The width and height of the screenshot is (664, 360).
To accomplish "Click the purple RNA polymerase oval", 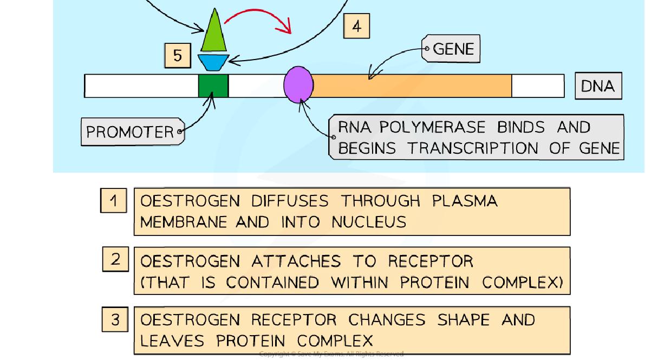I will click(298, 85).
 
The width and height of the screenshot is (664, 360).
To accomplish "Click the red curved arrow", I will click(260, 19).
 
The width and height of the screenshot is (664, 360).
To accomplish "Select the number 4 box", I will click(356, 26).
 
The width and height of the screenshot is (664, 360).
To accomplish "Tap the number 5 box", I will click(178, 55).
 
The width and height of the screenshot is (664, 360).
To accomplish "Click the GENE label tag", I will click(451, 49).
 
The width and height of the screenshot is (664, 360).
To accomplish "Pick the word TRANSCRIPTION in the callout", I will click(475, 148).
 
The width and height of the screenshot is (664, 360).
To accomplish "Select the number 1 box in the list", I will click(113, 200).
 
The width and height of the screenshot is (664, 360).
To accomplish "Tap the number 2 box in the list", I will click(115, 259).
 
